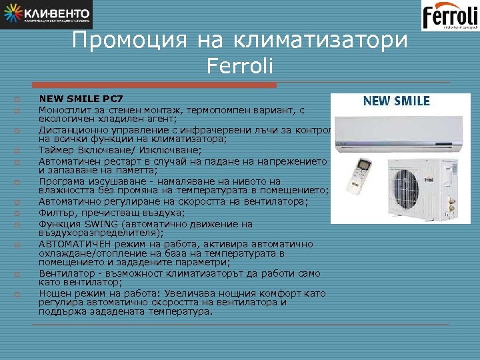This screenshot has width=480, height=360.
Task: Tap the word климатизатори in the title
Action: [x=320, y=41]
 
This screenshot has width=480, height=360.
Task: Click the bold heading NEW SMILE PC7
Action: [x=77, y=99]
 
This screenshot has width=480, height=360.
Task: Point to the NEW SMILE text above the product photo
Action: [x=396, y=101]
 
